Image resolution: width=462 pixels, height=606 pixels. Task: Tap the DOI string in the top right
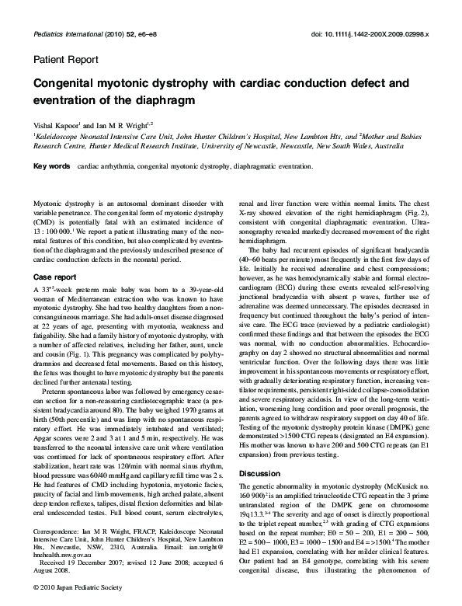click(x=374, y=35)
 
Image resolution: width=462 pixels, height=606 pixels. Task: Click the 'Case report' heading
click(x=54, y=277)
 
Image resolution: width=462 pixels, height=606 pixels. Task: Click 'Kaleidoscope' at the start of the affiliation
click(x=58, y=134)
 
